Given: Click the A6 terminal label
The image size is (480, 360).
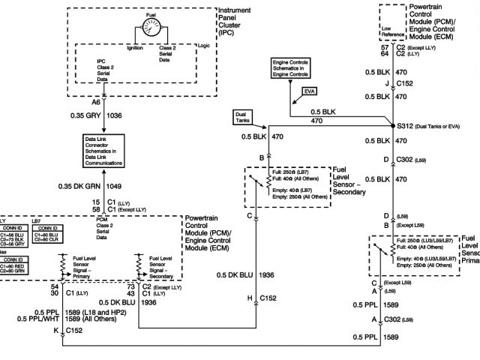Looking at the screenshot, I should click(96, 101).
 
